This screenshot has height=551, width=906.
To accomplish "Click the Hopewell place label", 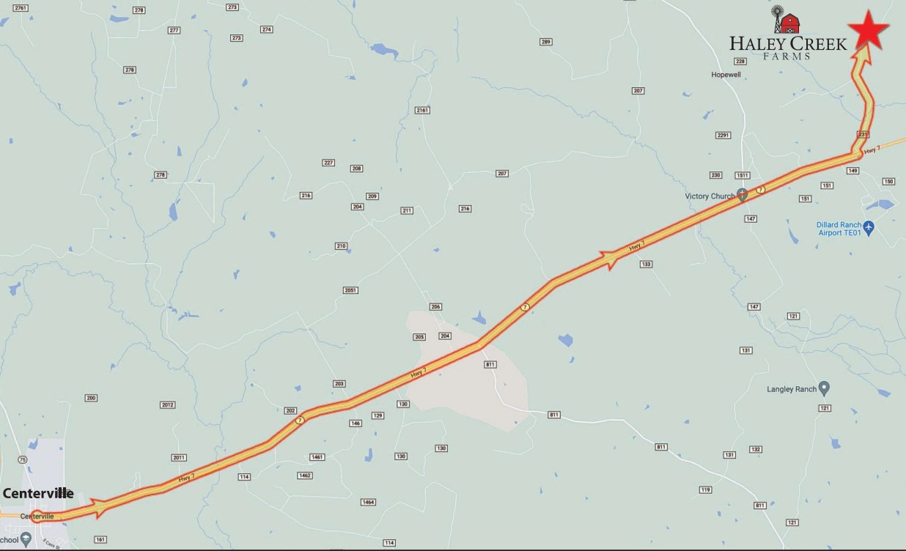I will (x=726, y=75).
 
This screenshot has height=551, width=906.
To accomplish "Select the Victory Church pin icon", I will (x=742, y=195).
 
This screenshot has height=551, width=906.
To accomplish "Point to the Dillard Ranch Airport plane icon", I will (x=869, y=227).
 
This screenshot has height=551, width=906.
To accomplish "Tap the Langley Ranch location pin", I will (x=824, y=388).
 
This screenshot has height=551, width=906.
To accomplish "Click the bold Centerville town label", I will (x=38, y=494).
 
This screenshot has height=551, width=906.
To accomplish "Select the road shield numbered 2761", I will (x=21, y=8).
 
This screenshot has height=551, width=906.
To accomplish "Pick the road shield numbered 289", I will (x=545, y=42).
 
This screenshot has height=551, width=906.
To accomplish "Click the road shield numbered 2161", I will (x=421, y=110).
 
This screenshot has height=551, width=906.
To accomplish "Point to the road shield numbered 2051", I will (x=350, y=290).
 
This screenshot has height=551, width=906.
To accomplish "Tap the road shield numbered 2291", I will (x=723, y=135).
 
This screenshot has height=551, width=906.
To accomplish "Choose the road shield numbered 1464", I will (x=368, y=502).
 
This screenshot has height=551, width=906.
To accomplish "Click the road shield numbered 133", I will (x=646, y=264).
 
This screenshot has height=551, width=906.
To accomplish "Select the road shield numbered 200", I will (x=91, y=398).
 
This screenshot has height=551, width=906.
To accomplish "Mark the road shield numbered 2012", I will (x=167, y=405).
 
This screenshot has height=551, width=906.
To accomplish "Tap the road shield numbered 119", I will (x=706, y=489).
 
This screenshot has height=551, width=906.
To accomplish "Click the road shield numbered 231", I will (x=863, y=135).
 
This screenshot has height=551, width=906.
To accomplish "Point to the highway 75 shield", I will (x=22, y=459).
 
